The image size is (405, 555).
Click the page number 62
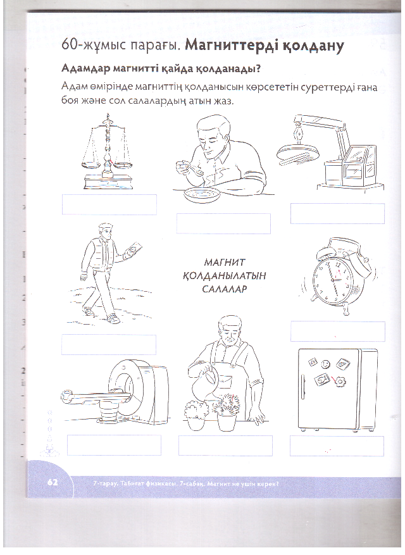(53, 482)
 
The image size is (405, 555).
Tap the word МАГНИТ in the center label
(224, 263)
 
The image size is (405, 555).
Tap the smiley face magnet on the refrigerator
(325, 365)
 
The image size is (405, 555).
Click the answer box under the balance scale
(109, 204)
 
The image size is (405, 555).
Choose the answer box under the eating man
(223, 223)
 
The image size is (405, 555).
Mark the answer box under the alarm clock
(337, 331)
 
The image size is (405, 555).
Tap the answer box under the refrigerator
(337, 446)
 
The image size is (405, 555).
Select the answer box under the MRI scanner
(114, 446)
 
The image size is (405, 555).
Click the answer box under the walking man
(108, 344)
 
